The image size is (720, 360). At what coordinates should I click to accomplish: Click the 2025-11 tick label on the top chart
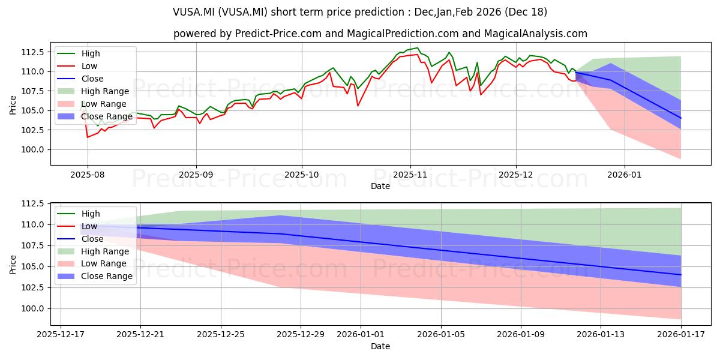(410, 175)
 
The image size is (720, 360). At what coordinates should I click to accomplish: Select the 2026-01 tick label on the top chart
(625, 175)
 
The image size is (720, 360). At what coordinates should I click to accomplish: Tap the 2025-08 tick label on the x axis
(88, 175)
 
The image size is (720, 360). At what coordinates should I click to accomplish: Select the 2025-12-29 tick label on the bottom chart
(301, 334)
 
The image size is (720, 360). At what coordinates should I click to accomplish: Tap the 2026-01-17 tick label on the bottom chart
(681, 334)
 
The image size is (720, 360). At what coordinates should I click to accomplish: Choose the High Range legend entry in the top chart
(105, 91)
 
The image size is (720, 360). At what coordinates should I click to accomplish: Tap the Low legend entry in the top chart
(89, 66)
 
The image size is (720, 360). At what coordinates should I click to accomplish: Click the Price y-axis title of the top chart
(13, 104)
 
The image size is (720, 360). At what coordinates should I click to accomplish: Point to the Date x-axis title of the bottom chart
(380, 346)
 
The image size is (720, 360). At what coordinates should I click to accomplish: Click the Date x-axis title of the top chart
(380, 186)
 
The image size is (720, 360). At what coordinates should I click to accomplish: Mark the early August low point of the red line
(88, 137)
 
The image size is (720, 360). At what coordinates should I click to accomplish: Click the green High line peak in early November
(418, 48)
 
